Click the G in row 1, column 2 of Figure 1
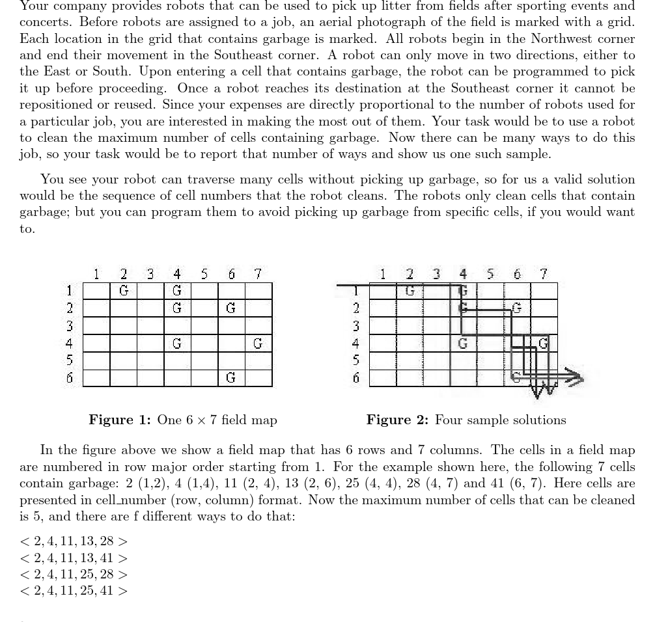point(123,290)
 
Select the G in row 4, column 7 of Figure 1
point(258,342)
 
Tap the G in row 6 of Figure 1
point(230,377)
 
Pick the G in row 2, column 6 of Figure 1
point(230,307)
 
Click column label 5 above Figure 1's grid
point(204,274)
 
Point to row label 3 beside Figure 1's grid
point(70,325)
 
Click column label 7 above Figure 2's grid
point(544,274)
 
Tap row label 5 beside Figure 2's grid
point(356,360)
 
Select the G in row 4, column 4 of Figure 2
point(463,342)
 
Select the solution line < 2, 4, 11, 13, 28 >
point(74,541)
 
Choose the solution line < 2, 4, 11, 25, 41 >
point(74,591)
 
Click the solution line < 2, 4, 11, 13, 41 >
point(74,558)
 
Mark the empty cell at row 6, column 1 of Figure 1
point(96,377)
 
